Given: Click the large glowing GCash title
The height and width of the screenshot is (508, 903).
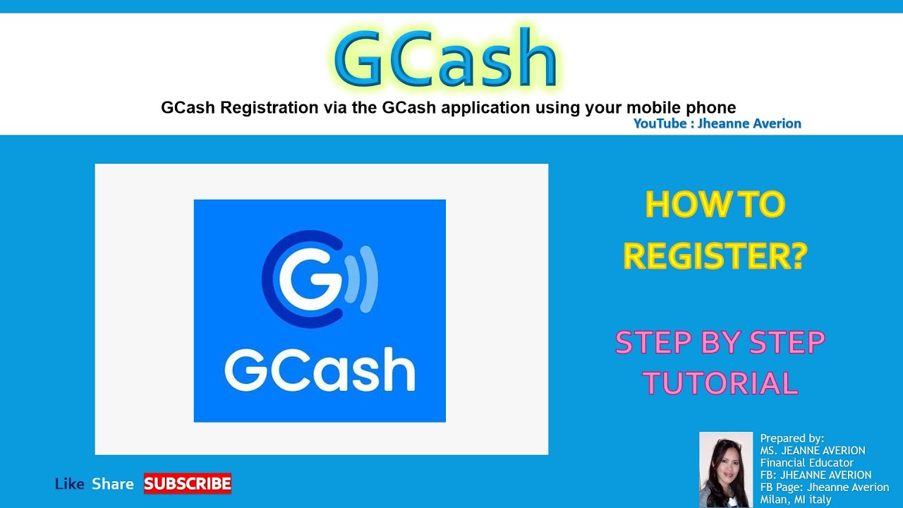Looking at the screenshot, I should coord(446,59).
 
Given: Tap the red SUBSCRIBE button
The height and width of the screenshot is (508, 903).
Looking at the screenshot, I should coord(188,483).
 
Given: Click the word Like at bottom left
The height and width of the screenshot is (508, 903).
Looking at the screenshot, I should coord(69,484).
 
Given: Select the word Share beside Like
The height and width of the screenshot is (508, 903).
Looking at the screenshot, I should coord(113,484).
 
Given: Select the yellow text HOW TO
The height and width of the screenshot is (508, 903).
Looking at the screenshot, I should coord(715,205).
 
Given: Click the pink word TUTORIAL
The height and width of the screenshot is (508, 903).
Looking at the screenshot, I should coord(720,384).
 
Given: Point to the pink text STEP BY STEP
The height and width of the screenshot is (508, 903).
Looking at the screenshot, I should coord(720,343).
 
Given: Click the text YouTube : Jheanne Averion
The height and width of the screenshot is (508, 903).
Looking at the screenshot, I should coord(717,123).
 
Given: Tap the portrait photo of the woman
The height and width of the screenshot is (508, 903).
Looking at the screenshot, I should coord(726,469).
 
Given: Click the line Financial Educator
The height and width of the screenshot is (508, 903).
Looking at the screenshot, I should coord(806,463).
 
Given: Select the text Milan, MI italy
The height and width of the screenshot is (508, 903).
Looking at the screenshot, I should coord(796,500).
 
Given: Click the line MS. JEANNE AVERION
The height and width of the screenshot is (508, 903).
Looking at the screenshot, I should coord(812,450).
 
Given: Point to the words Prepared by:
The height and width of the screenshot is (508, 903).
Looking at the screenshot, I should coord(792,438).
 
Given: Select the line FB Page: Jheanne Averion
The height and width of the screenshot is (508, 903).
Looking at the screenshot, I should coord(824,488).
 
